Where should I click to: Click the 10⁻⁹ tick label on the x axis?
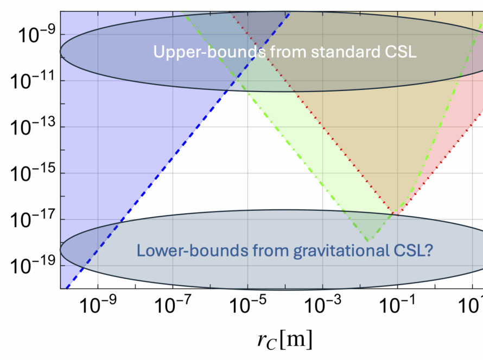tap(98, 308)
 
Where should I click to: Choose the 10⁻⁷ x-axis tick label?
tap(173, 308)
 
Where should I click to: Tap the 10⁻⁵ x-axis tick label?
tap(247, 308)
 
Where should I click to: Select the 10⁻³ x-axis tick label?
tap(322, 308)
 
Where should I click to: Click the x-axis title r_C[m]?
tap(284, 340)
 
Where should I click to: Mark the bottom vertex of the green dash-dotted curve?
tap(367, 240)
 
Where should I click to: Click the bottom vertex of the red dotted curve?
tap(398, 215)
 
